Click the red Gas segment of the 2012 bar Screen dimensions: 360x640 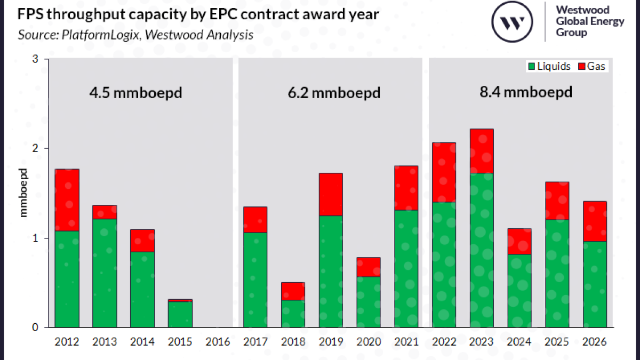pyautogui.click(x=67, y=200)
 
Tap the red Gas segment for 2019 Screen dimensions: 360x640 pyautogui.click(x=331, y=194)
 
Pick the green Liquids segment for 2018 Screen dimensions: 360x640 pyautogui.click(x=293, y=313)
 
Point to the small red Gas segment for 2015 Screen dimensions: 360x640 pyautogui.click(x=180, y=301)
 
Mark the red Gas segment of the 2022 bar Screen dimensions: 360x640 pyautogui.click(x=444, y=172)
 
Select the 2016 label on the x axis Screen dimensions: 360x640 pyautogui.click(x=218, y=341)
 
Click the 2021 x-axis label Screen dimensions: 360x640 pyautogui.click(x=406, y=341)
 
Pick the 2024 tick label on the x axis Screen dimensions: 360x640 pyautogui.click(x=519, y=341)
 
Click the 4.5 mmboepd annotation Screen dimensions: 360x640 pyautogui.click(x=135, y=93)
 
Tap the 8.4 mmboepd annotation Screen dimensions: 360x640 pyautogui.click(x=526, y=92)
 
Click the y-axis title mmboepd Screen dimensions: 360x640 pyautogui.click(x=23, y=193)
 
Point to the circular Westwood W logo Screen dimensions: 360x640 pyautogui.click(x=511, y=22)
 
